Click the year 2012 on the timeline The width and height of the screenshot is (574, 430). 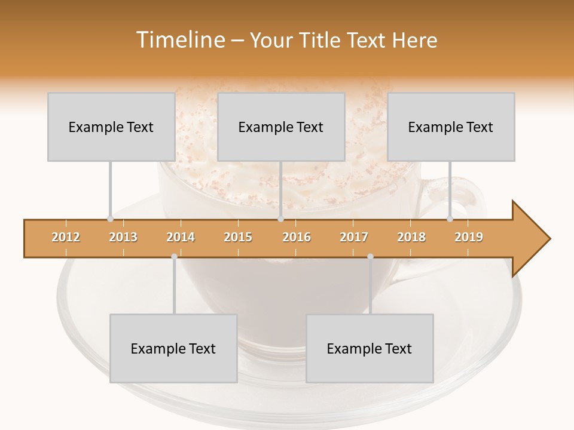[x=66, y=238]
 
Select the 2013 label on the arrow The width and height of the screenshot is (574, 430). [x=123, y=238]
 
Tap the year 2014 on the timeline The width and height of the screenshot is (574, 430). [x=181, y=238]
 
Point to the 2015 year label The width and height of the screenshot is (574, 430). [x=238, y=238]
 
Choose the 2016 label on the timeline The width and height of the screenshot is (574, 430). [x=297, y=238]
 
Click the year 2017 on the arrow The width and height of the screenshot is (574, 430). [x=354, y=238]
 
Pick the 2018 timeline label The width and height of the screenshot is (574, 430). [x=411, y=238]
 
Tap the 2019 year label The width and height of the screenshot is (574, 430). [x=469, y=238]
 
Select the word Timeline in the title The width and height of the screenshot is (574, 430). [x=179, y=40]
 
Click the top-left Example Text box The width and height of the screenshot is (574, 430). [x=111, y=127]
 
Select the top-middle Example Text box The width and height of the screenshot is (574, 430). [x=281, y=127]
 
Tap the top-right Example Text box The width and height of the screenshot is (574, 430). [x=451, y=127]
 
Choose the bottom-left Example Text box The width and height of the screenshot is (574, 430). [x=173, y=348]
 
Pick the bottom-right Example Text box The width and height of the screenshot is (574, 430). [x=370, y=348]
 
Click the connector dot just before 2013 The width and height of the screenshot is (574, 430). [x=110, y=219]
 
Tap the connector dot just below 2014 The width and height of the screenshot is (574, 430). [x=174, y=257]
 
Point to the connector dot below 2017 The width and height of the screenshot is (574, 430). [x=370, y=257]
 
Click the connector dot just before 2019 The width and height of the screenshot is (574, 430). [x=450, y=219]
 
